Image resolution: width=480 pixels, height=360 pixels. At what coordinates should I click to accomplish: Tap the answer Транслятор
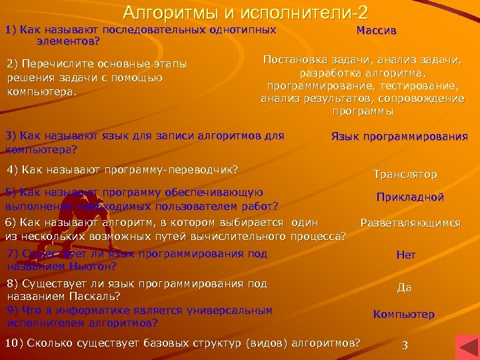405,175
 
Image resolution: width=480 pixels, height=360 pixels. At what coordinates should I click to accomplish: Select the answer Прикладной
410,197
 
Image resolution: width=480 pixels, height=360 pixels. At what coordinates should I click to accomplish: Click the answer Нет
406,255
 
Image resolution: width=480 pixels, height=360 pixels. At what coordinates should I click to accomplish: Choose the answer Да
404,288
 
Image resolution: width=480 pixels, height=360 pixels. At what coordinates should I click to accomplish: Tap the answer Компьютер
404,315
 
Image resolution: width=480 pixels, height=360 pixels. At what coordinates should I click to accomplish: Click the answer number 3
404,345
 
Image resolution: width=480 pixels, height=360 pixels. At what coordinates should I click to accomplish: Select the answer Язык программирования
399,137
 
